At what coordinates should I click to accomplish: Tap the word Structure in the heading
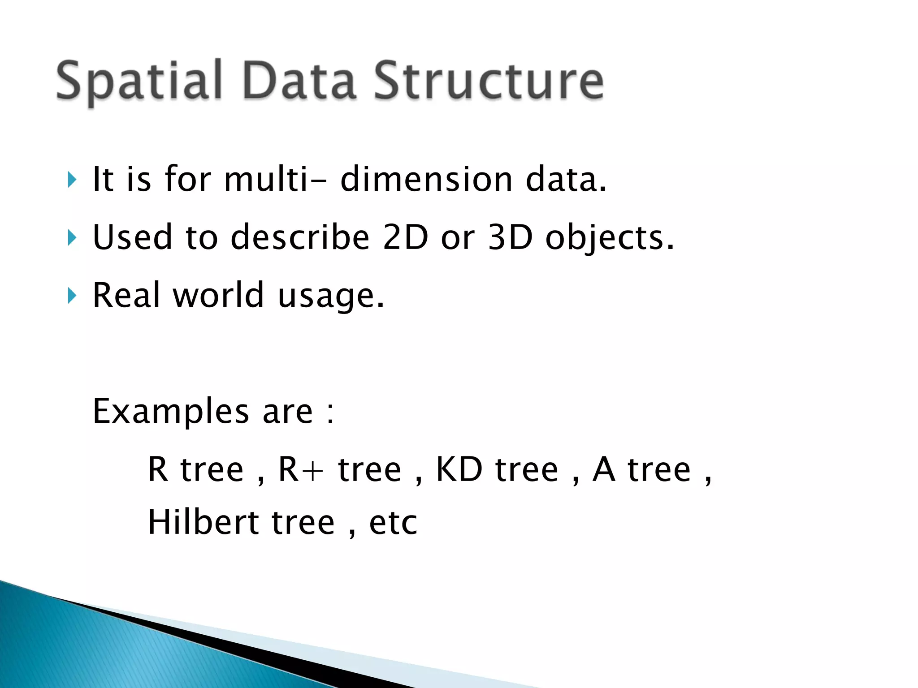click(x=489, y=81)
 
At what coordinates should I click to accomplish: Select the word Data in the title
click(x=299, y=81)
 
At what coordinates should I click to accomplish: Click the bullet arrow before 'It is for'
click(x=72, y=180)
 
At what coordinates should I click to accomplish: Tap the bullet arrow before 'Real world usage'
click(x=72, y=296)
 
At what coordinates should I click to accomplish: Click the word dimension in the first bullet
click(x=426, y=179)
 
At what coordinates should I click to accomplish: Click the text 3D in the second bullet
click(x=510, y=237)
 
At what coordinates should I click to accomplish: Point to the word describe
click(x=299, y=237)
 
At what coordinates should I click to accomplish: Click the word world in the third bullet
click(x=218, y=296)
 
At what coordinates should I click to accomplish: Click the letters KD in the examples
click(x=459, y=469)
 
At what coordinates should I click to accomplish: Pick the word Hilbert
click(x=203, y=522)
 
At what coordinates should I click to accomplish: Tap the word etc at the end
click(x=393, y=523)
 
